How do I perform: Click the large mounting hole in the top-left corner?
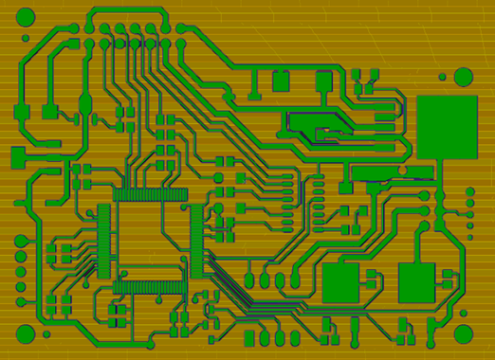click(26, 17)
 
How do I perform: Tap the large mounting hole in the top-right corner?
click(463, 77)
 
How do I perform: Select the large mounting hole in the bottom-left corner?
click(26, 333)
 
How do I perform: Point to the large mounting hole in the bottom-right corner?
click(463, 333)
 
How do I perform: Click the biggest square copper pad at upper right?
click(447, 126)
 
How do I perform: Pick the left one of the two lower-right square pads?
click(340, 282)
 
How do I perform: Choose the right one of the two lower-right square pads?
click(416, 282)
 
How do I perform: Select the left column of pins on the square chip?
click(103, 241)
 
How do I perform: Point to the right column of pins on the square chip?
click(196, 241)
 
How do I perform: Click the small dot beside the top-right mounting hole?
click(442, 77)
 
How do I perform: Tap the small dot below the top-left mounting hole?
click(26, 39)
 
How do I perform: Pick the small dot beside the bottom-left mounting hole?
click(46, 333)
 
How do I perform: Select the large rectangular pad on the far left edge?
click(18, 156)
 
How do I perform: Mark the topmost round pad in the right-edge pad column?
click(469, 192)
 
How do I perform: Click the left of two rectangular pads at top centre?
click(281, 81)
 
